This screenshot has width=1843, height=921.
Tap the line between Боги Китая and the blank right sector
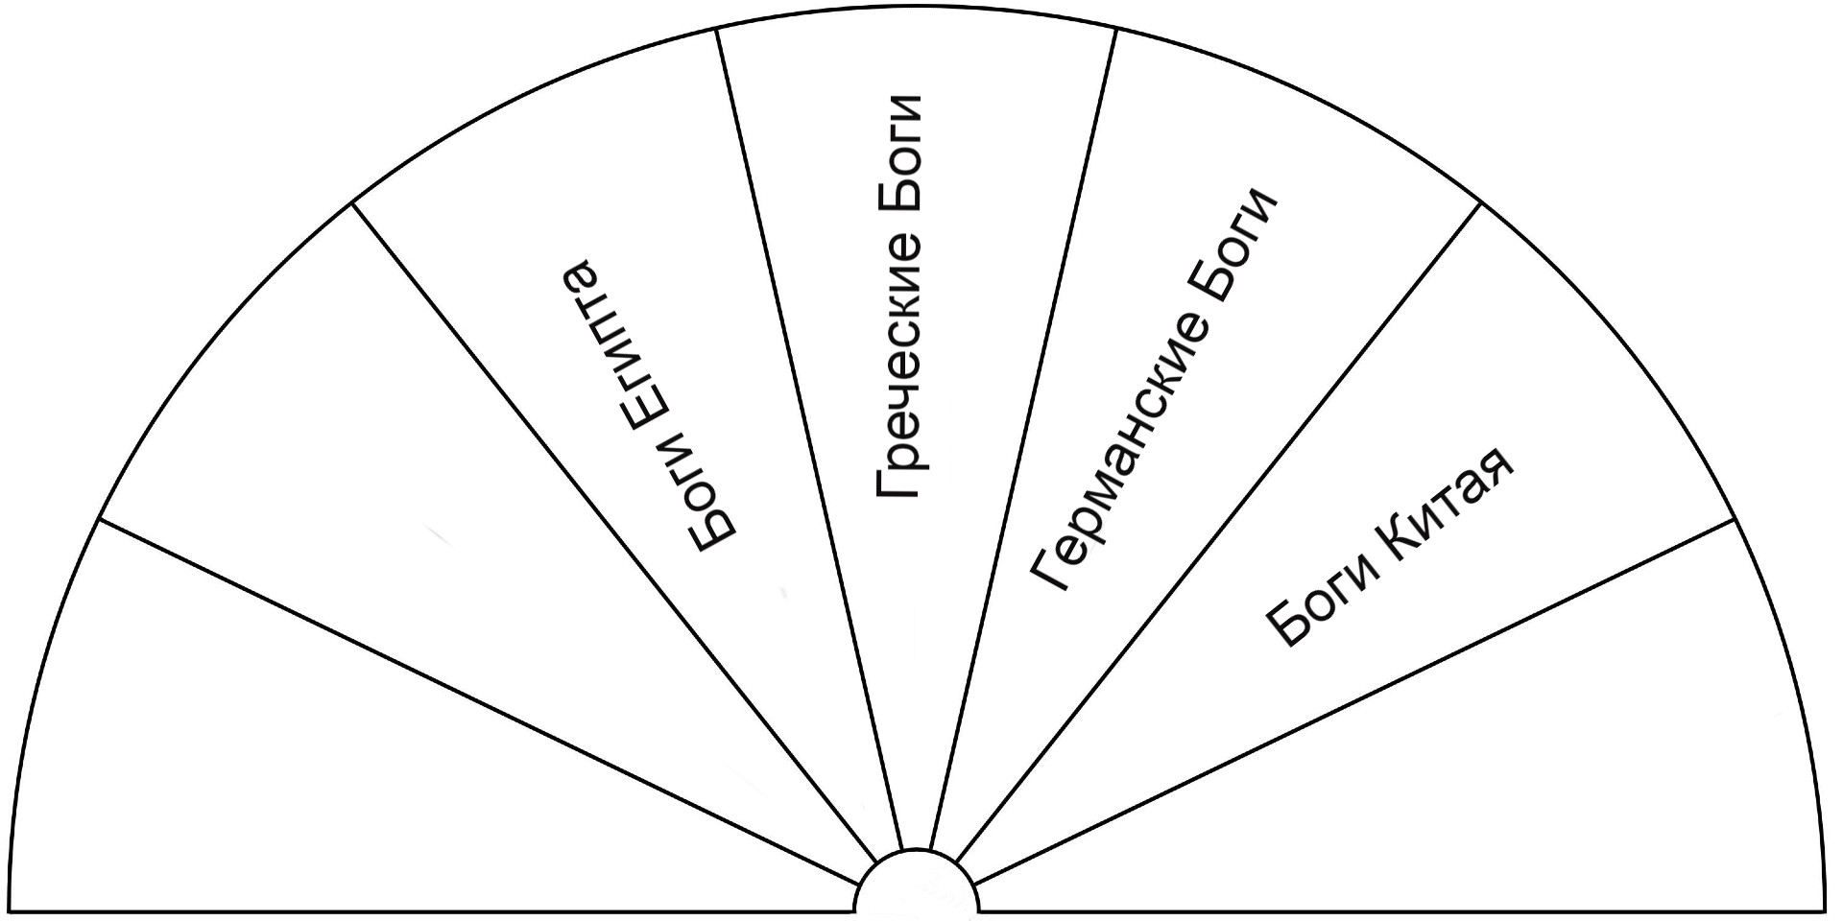[1355, 700]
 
